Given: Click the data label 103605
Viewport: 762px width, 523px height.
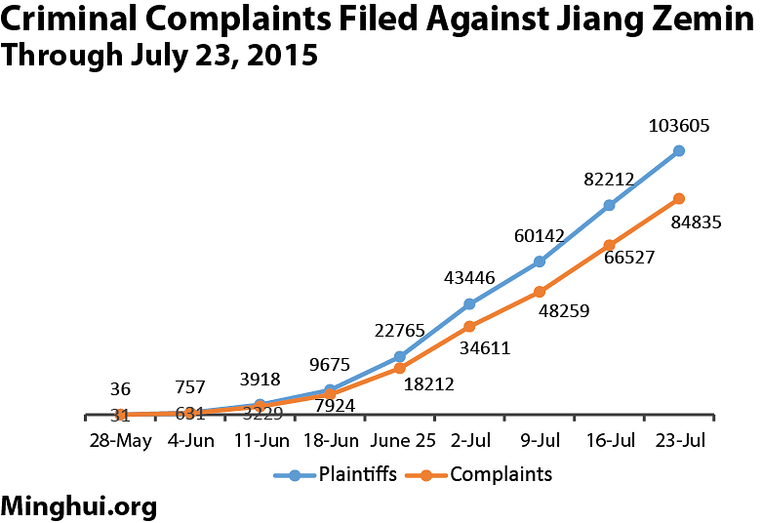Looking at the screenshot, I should tap(678, 126).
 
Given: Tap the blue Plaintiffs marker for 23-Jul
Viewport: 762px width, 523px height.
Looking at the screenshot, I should tap(679, 151).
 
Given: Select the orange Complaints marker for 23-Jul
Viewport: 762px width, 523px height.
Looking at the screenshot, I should tap(679, 198).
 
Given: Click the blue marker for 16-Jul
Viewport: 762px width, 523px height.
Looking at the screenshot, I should tap(609, 205).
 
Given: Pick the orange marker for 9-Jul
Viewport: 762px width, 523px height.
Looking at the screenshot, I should tap(540, 292).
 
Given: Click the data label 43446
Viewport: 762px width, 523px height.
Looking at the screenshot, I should tap(468, 278).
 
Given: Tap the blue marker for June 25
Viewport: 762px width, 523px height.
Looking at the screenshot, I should tap(400, 356).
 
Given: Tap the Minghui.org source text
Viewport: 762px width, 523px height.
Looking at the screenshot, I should tap(79, 506).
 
